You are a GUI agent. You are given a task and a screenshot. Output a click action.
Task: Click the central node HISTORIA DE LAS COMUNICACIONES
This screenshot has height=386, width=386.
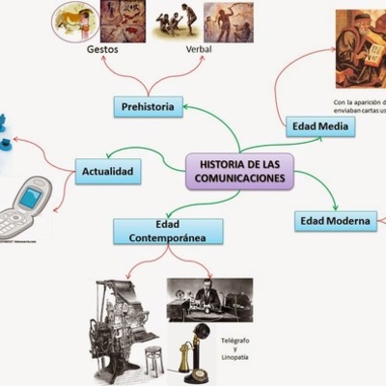tap(234, 171)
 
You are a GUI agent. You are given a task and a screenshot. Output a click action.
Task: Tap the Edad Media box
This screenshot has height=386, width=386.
tap(319, 125)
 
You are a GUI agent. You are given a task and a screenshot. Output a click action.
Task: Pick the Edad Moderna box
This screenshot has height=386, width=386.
tap(334, 221)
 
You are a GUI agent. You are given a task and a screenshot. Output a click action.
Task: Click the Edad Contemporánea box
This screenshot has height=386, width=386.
tap(168, 230)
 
